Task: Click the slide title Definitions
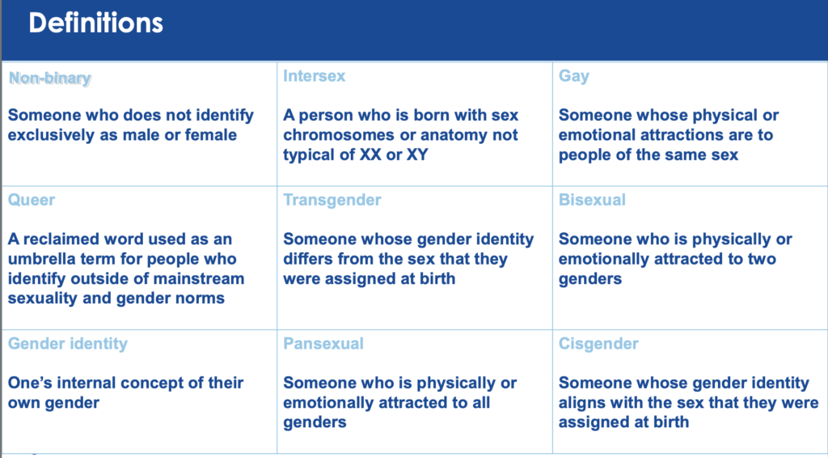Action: (95, 23)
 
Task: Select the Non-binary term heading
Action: (50, 78)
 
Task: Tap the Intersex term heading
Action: (315, 76)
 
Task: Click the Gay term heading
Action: (573, 77)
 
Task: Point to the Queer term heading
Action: (32, 200)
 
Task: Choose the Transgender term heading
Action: (332, 200)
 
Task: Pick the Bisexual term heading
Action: (592, 200)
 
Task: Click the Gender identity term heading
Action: (68, 344)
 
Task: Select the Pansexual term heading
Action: (323, 344)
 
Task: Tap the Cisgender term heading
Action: (598, 344)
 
